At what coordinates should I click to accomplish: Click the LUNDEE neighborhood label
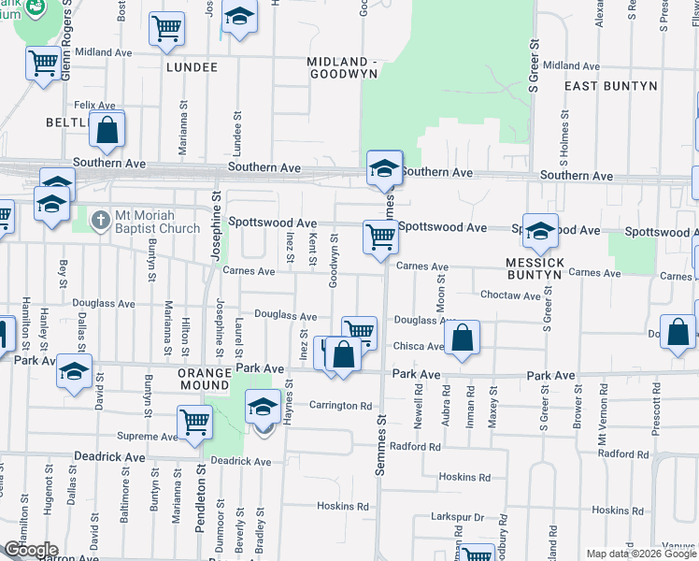192,67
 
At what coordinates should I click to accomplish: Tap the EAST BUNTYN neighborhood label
611,86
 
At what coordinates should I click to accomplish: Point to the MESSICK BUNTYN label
535,269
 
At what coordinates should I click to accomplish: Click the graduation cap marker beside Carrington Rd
263,407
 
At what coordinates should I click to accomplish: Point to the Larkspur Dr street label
457,517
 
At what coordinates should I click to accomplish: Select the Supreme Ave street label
148,437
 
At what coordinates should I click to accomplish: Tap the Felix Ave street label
94,105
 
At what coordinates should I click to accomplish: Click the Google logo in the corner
30,550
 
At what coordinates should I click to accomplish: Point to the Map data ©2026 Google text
640,554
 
